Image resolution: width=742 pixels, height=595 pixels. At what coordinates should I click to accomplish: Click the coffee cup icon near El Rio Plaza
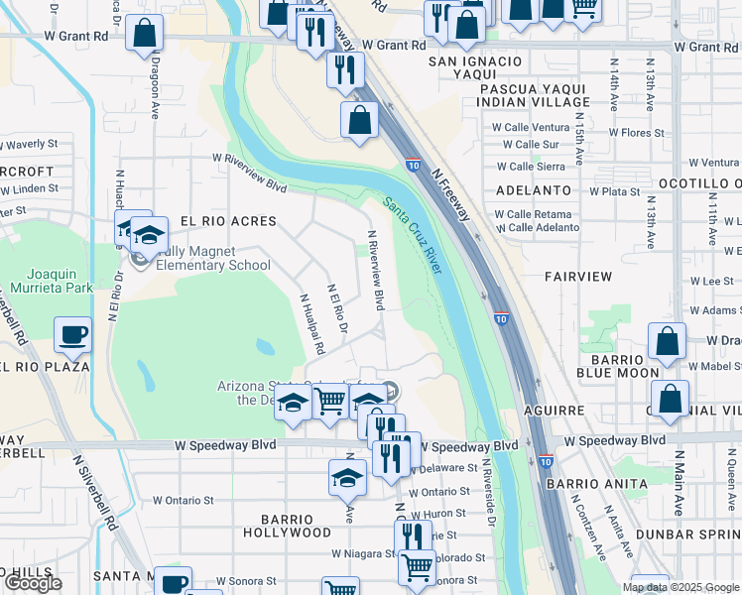click(x=73, y=335)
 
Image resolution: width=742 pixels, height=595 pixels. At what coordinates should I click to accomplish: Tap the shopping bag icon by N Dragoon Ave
click(x=146, y=33)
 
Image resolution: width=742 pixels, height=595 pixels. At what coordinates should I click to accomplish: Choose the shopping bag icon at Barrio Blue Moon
click(x=668, y=341)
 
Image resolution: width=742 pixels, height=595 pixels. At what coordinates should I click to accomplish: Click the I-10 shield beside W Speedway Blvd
click(x=546, y=461)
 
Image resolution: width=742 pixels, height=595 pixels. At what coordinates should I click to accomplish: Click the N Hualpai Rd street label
click(x=312, y=324)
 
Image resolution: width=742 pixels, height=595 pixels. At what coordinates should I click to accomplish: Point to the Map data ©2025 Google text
click(x=681, y=587)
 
